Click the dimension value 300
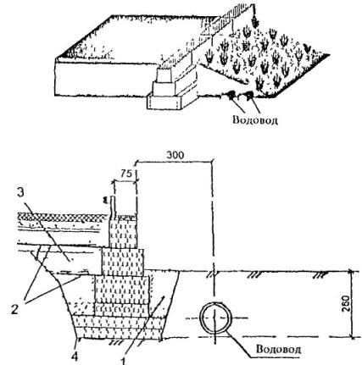(x=175, y=155)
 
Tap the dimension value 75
(x=127, y=174)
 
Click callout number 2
(x=14, y=310)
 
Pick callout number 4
(x=75, y=357)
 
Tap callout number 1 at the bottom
(x=123, y=362)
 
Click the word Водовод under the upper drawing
(x=255, y=119)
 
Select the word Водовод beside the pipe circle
(x=278, y=349)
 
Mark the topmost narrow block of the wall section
(x=123, y=234)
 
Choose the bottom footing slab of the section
(x=120, y=333)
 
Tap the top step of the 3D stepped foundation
(x=164, y=75)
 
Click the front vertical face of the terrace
(x=105, y=79)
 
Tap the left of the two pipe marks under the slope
(x=231, y=96)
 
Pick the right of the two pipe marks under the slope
(x=249, y=96)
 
